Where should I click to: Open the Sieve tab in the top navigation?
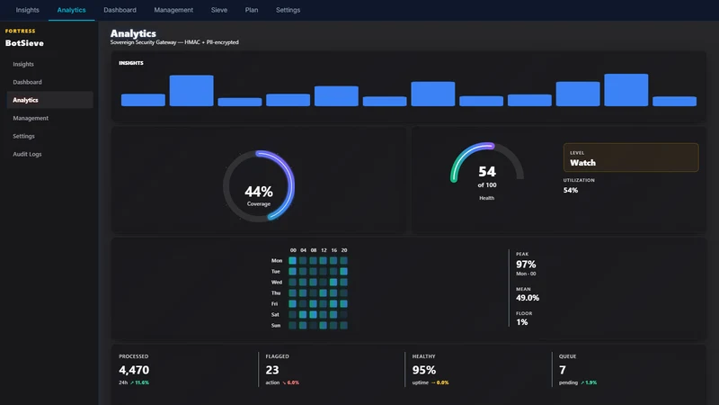[218, 10]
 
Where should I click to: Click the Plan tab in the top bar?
[252, 10]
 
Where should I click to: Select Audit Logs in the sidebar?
[27, 154]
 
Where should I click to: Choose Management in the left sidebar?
[31, 118]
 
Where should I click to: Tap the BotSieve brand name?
[24, 43]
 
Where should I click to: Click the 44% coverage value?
[259, 191]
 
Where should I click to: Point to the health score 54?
[487, 172]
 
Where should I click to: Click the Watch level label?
[582, 163]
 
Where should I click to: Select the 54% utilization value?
[571, 190]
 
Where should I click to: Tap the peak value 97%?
[526, 264]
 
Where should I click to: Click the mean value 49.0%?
[528, 298]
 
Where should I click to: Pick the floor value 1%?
[522, 322]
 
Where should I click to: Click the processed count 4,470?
[134, 370]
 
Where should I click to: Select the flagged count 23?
[272, 370]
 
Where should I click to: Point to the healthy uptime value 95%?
[424, 370]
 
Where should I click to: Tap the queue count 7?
[563, 370]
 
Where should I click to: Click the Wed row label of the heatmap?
[277, 283]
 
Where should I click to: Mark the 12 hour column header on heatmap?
[324, 250]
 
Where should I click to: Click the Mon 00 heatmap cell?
[293, 261]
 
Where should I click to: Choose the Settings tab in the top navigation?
[288, 10]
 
